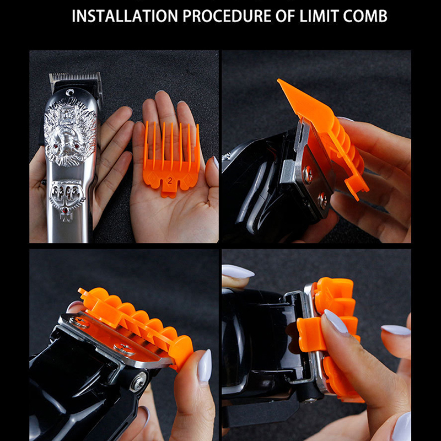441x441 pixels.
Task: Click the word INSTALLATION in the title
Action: pyautogui.click(x=125, y=16)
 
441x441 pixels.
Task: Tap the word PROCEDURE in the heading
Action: pyautogui.click(x=227, y=16)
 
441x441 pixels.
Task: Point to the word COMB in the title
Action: pyautogui.click(x=365, y=16)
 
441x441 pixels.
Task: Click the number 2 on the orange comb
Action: pyautogui.click(x=170, y=181)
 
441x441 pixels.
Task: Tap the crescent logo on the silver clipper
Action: pyautogui.click(x=70, y=92)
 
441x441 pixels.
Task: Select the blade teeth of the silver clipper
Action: pyautogui.click(x=74, y=77)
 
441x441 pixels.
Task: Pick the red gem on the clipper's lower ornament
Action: pyautogui.click(x=66, y=209)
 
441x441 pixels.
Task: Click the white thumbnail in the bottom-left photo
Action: pyautogui.click(x=205, y=365)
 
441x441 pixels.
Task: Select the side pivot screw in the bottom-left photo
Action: pyautogui.click(x=138, y=381)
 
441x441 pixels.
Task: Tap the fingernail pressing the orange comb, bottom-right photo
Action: pyautogui.click(x=336, y=321)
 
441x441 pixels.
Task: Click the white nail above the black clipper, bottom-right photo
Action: pyautogui.click(x=238, y=271)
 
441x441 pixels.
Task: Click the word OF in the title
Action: pyautogui.click(x=285, y=16)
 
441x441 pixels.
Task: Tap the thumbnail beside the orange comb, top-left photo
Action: pyautogui.click(x=216, y=162)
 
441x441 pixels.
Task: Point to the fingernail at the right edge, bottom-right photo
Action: pyautogui.click(x=396, y=330)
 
